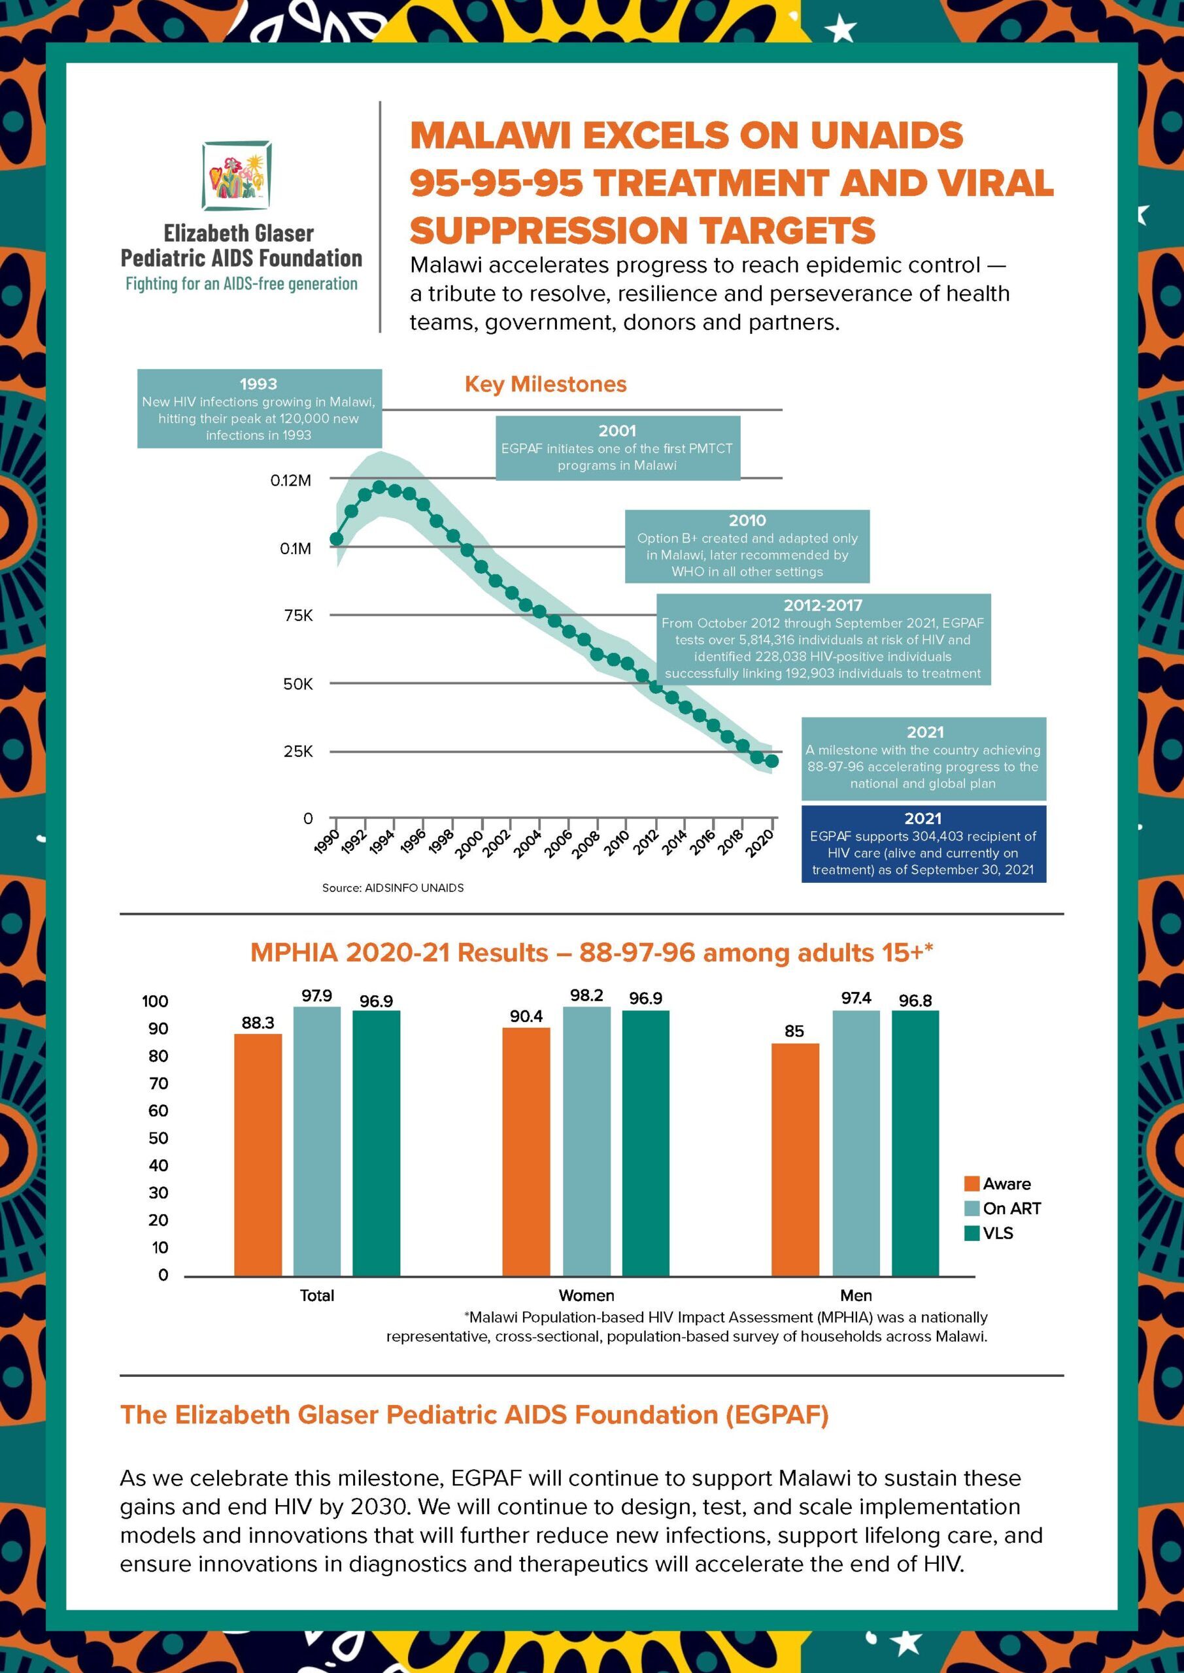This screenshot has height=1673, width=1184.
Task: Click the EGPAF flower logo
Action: click(x=239, y=176)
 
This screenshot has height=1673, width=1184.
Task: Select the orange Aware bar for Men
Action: click(x=795, y=1159)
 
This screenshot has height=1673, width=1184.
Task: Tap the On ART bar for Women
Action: click(x=587, y=1141)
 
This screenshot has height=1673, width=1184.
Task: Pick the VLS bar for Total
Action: click(x=376, y=1143)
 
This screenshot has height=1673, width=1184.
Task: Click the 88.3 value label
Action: click(x=258, y=1023)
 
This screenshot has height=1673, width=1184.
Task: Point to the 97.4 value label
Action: click(x=856, y=997)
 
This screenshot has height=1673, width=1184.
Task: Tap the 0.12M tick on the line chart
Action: click(x=291, y=480)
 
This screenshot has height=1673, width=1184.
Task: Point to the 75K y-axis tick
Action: click(x=298, y=616)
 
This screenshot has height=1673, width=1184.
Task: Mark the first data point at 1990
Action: click(x=336, y=539)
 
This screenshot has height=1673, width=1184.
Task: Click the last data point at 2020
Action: click(x=773, y=761)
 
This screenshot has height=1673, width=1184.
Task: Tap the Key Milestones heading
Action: click(x=545, y=384)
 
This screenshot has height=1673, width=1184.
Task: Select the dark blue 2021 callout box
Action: click(x=923, y=844)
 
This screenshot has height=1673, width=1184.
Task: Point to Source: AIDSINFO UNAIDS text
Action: click(x=393, y=887)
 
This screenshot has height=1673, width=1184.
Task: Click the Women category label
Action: click(x=586, y=1295)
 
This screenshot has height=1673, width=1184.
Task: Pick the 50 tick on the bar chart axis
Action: click(x=158, y=1138)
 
